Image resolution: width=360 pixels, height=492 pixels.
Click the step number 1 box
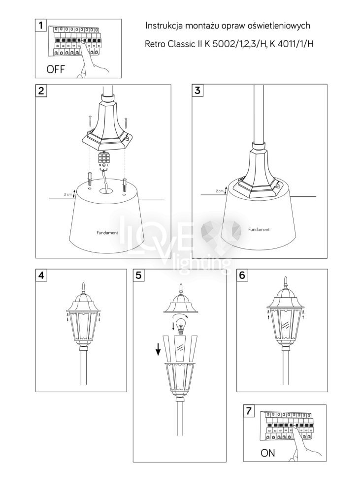(x=40, y=25)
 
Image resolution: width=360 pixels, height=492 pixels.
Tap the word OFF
(x=56, y=69)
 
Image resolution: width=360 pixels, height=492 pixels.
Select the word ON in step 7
(x=267, y=453)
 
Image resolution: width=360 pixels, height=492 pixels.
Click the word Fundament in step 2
(x=107, y=233)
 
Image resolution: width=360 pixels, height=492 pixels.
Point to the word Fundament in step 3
(x=259, y=229)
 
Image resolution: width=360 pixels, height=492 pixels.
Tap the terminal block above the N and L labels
(x=103, y=158)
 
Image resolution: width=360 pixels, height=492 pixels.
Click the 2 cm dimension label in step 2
(x=68, y=194)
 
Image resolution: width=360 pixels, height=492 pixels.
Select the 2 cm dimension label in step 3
(x=219, y=191)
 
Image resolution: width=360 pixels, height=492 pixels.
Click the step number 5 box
(x=138, y=275)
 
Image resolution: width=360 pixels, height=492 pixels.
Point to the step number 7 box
(x=249, y=411)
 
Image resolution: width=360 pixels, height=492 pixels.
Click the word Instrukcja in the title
(x=164, y=26)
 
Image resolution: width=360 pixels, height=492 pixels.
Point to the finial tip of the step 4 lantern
(x=83, y=283)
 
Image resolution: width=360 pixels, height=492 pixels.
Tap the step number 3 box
(x=197, y=91)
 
